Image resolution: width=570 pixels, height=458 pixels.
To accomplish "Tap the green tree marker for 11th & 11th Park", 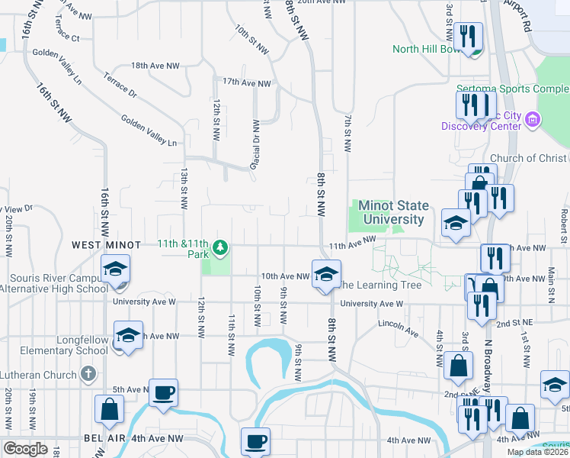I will (220, 247).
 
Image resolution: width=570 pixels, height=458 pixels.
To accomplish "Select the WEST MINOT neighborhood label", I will (107, 245).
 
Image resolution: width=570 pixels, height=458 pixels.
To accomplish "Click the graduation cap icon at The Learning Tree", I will (325, 274).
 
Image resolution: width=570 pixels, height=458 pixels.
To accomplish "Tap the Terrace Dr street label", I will (120, 86).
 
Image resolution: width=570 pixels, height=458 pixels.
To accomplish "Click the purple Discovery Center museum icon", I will (533, 119).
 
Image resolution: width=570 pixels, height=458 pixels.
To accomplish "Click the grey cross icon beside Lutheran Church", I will (88, 375).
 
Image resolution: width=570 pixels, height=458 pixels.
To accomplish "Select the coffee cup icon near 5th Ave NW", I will (164, 393).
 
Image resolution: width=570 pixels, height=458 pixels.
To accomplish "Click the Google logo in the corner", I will (26, 449).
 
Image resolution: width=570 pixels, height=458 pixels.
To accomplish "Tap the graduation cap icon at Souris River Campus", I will (116, 269).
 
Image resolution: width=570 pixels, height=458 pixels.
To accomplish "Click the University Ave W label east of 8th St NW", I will (370, 304).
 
